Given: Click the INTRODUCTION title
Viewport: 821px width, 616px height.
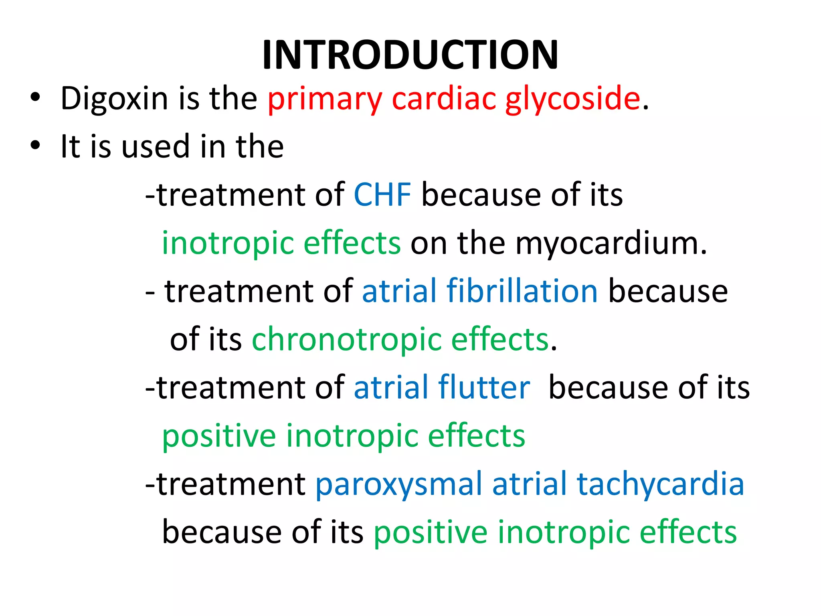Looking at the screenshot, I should (x=410, y=55).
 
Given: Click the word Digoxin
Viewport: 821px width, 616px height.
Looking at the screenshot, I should (x=114, y=99).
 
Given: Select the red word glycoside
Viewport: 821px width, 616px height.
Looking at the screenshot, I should (x=572, y=99).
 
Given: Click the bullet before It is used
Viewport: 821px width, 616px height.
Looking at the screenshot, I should (x=35, y=146).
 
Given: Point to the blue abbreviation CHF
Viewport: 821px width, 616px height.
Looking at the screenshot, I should (x=382, y=195).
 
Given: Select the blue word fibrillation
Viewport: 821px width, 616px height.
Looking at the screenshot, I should (x=522, y=291).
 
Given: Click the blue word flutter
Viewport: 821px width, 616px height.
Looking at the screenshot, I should (x=484, y=388).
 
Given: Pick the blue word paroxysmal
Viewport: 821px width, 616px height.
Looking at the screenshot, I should (x=398, y=484).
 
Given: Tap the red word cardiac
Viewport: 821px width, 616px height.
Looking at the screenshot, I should (x=444, y=99).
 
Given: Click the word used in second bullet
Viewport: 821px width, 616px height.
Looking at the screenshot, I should (x=156, y=147).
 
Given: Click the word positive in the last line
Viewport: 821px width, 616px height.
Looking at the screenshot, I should (x=430, y=533).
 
